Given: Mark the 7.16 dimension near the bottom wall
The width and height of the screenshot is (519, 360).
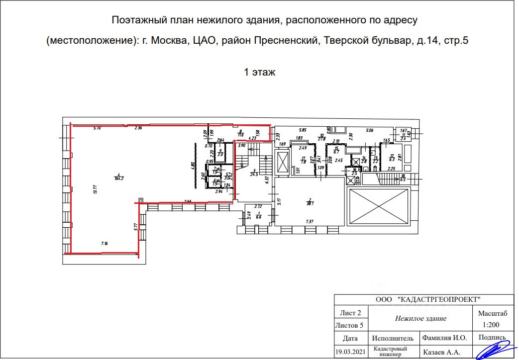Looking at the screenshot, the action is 104,243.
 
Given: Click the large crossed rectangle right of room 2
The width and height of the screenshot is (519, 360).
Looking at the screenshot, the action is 378,207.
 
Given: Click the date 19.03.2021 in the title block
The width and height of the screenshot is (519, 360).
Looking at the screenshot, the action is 350,352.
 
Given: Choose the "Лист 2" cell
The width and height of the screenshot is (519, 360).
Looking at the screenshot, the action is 350,313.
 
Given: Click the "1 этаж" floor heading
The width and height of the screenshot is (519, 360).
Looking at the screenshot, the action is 259,72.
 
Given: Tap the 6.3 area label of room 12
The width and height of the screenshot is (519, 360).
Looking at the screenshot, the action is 392,160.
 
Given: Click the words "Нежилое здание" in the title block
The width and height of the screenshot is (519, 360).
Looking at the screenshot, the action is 420,318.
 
